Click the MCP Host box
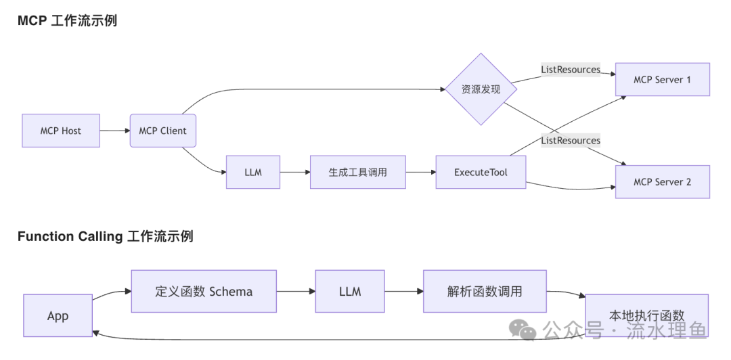(61, 131)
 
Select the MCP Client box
(162, 131)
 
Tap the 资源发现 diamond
(481, 89)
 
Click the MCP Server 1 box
(662, 80)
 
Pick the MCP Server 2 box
(662, 182)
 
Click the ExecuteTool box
(481, 172)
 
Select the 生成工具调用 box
(357, 172)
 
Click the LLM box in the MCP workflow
(252, 172)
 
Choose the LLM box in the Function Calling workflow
(349, 292)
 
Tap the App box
(58, 316)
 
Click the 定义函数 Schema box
(204, 292)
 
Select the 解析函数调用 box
(485, 292)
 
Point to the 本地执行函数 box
(646, 315)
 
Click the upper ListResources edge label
(571, 70)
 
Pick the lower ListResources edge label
(571, 141)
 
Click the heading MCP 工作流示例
(67, 21)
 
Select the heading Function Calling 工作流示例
(105, 236)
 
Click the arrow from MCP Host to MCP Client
(115, 131)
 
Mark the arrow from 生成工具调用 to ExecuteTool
(420, 172)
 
